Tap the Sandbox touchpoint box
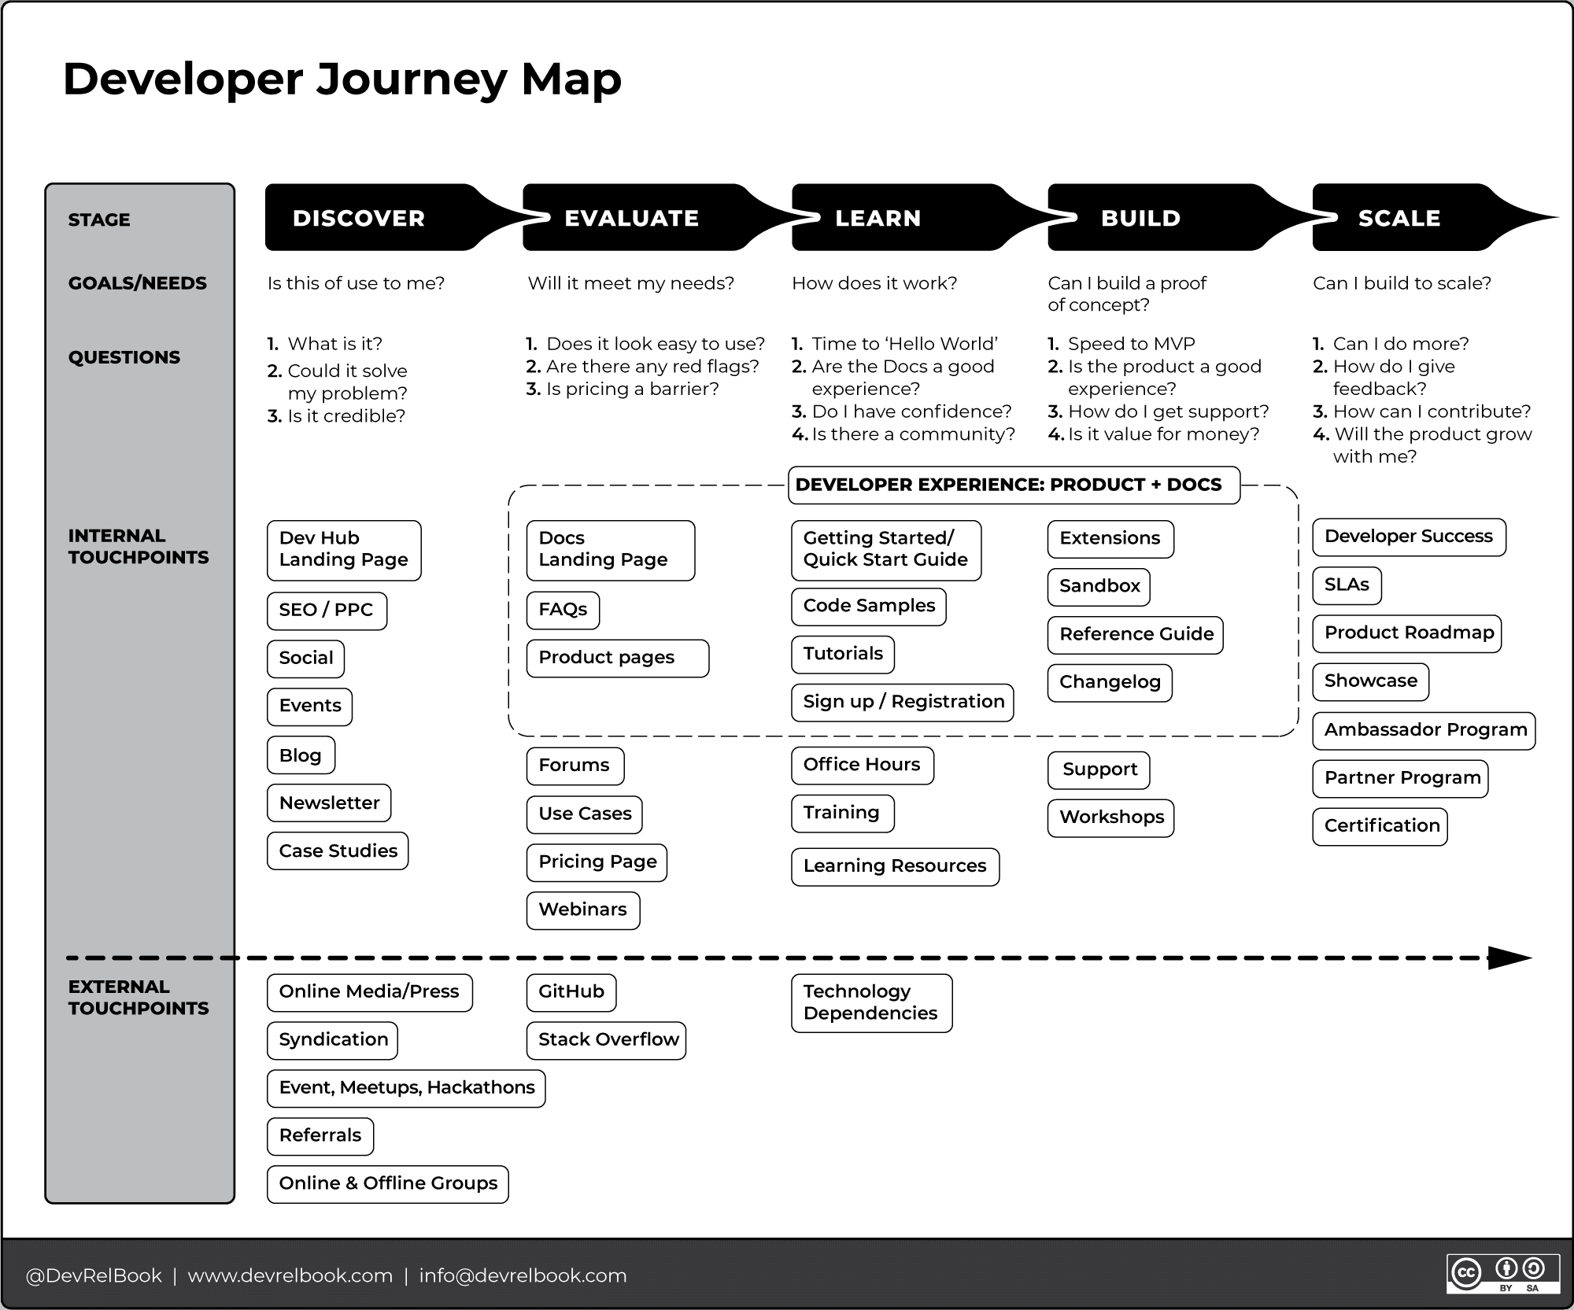coord(1099,586)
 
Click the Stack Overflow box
coord(606,1040)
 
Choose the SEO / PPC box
coord(327,611)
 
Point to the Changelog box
coord(1110,682)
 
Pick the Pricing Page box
coord(597,862)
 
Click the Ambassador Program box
coord(1424,730)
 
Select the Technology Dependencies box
coord(871,1002)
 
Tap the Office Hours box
coord(862,765)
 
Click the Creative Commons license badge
coord(1502,1273)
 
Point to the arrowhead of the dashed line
coord(1508,958)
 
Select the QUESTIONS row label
coord(124,357)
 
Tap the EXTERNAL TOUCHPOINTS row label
coord(139,997)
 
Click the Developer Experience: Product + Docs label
coord(1013,485)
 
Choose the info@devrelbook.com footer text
coord(523,1275)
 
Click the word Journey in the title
coord(412,80)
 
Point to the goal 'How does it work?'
coord(874,283)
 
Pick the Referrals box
coord(320,1135)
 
